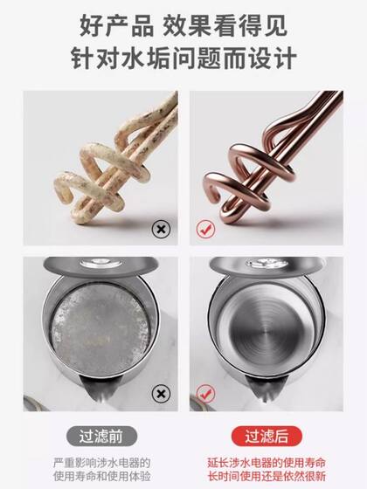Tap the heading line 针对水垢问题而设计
(183, 59)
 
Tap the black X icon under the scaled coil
(160, 231)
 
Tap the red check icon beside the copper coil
(204, 231)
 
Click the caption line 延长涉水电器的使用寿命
(271, 460)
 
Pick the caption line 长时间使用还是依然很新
(271, 476)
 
